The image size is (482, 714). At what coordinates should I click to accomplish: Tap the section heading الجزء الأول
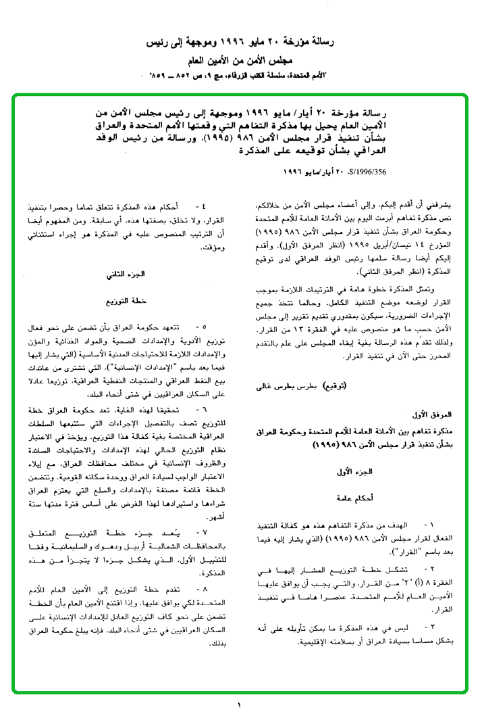(x=367, y=471)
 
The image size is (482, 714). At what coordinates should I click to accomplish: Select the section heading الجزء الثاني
(x=126, y=276)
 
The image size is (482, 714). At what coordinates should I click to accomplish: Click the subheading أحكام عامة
(x=367, y=497)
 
